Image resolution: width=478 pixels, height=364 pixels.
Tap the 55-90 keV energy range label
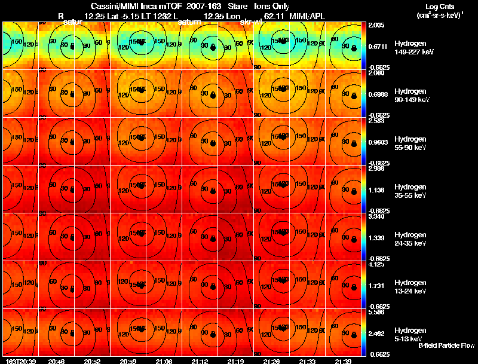(x=411, y=148)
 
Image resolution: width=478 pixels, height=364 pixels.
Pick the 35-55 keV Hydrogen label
(x=411, y=195)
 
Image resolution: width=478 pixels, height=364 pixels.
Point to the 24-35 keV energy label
(x=411, y=243)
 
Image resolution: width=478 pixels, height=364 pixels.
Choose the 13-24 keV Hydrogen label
(x=411, y=291)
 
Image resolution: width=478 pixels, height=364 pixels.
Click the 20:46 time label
(x=57, y=361)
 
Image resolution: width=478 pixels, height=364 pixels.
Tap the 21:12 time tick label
(x=201, y=361)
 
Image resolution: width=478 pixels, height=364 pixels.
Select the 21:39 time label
(x=344, y=361)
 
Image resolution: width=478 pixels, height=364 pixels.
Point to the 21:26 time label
(x=272, y=361)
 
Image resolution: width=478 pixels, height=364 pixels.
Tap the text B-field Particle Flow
(x=446, y=345)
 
